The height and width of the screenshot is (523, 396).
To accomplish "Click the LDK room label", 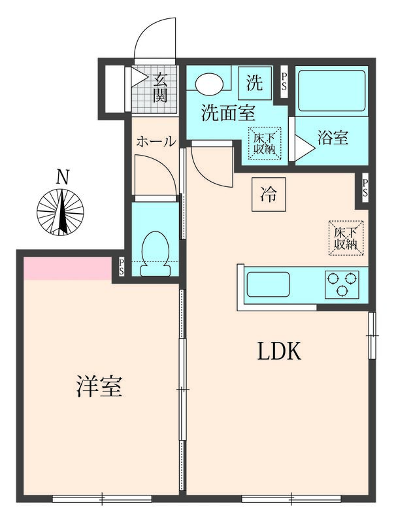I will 278,352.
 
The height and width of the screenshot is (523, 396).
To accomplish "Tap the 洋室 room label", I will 99,387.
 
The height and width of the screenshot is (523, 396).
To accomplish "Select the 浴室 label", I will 332,138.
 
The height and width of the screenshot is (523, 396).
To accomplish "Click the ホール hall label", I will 156,141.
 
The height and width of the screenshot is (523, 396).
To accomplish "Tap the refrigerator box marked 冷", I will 269,194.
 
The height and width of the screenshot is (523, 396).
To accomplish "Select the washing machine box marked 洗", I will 254,83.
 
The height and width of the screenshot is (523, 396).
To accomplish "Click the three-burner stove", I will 342,284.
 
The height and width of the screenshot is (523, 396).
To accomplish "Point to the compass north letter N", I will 62,177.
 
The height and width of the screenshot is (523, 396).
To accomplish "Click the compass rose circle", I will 61,212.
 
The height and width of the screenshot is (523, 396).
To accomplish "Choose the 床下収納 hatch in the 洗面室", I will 265,142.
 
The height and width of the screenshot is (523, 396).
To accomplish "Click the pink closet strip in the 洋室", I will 67,268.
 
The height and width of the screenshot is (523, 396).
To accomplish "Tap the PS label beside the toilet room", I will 122,266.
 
